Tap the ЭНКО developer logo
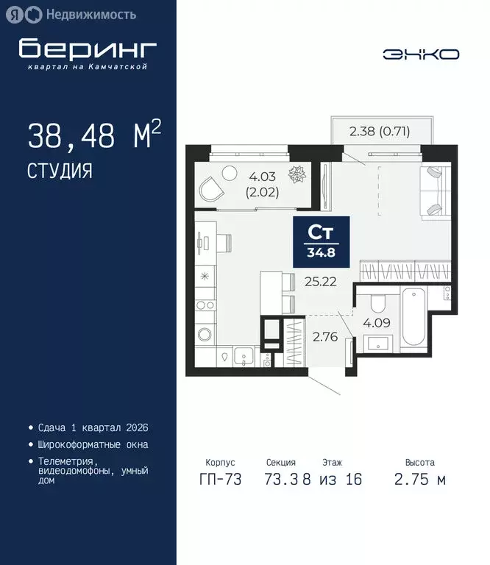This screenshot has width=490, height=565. pyautogui.click(x=421, y=54)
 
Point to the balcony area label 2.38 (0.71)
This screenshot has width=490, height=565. pyautogui.click(x=379, y=132)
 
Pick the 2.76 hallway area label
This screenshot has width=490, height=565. pyautogui.click(x=324, y=338)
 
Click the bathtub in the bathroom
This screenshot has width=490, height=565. pyautogui.click(x=413, y=318)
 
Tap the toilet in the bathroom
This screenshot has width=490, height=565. pyautogui.click(x=377, y=302)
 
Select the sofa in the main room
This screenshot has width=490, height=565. pyautogui.click(x=433, y=191)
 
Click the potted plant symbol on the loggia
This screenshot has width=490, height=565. pyautogui.click(x=298, y=175)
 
